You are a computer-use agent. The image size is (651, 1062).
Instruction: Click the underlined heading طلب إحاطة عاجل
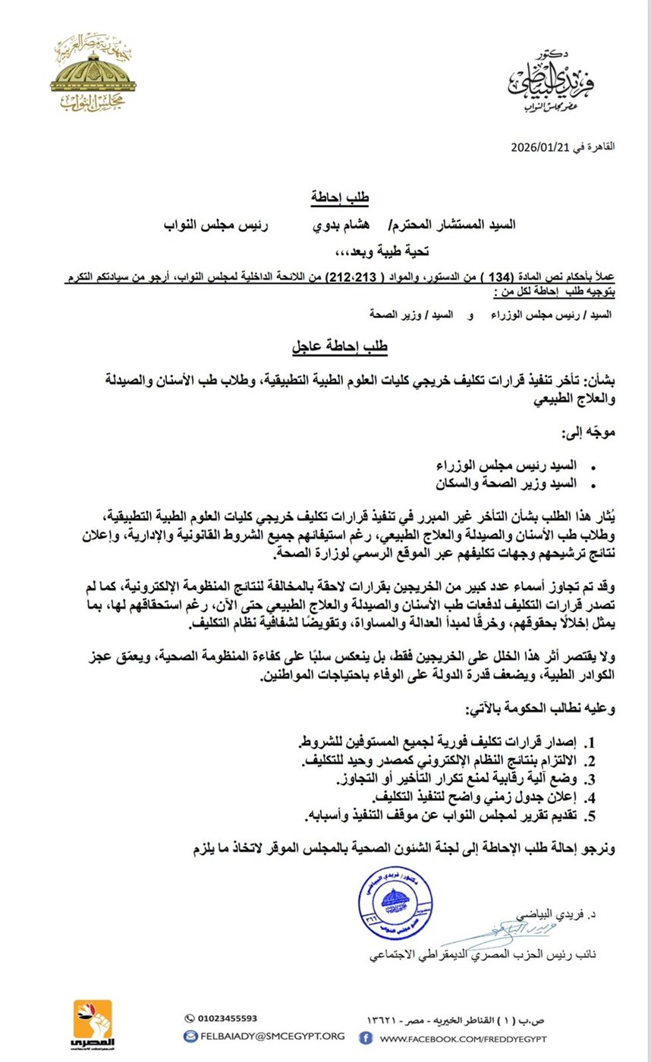[x=340, y=347]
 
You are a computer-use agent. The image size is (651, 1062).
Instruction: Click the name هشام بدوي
[x=341, y=225]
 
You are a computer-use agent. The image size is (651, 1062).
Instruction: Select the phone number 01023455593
[x=228, y=1019]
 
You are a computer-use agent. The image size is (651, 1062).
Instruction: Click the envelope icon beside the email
[x=190, y=1035]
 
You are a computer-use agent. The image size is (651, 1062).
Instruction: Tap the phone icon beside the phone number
[x=190, y=1019]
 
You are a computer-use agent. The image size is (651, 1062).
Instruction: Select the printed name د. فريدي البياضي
[x=558, y=916]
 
